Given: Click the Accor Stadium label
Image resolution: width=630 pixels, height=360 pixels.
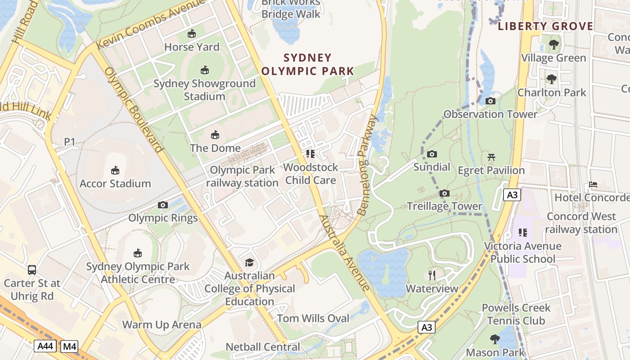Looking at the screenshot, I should click(x=115, y=184).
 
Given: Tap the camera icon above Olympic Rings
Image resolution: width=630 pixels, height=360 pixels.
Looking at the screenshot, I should click(x=163, y=205).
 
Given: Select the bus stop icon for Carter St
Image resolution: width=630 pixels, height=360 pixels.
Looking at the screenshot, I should click(x=32, y=270).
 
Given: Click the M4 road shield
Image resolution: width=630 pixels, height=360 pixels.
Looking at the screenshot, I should click(x=69, y=346).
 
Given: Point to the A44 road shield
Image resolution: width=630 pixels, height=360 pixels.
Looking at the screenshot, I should click(x=45, y=346).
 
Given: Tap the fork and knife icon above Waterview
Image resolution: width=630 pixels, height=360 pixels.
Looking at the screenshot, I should click(x=432, y=275).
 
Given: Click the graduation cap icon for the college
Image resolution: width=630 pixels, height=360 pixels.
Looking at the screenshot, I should click(x=249, y=262).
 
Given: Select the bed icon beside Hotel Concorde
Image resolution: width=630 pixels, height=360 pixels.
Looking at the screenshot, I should click(x=593, y=184).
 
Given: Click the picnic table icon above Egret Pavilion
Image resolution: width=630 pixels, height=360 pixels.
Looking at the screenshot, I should click(x=491, y=157).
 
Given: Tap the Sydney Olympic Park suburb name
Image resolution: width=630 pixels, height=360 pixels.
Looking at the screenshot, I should click(x=308, y=64).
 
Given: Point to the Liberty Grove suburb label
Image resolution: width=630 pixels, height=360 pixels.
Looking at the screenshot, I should click(x=545, y=26).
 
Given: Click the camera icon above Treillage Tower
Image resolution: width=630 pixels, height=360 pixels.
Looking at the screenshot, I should click(x=445, y=193).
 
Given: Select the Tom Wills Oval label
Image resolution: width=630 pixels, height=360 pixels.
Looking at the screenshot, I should click(x=313, y=319).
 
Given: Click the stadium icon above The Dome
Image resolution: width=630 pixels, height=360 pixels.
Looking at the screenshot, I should click(x=215, y=135).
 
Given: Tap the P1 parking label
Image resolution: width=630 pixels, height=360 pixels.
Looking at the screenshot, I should click(x=69, y=142).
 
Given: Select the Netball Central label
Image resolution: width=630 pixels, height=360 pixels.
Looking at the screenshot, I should click(x=263, y=347).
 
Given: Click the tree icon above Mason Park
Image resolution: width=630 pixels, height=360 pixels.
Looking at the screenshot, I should click(x=495, y=339).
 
